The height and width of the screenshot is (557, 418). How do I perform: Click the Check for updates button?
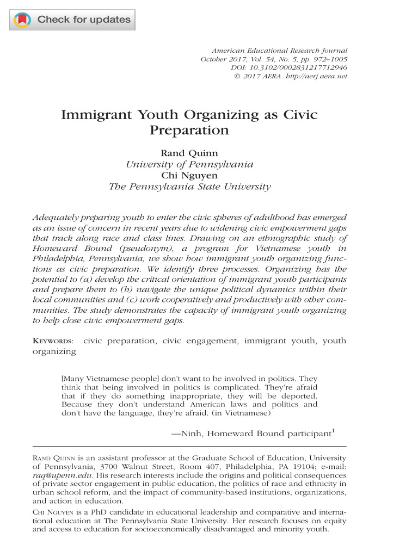[x=72, y=20]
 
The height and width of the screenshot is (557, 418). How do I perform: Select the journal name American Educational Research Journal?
[x=279, y=50]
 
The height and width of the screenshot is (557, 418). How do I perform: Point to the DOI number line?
[x=289, y=67]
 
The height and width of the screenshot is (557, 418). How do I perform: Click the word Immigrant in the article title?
[x=97, y=115]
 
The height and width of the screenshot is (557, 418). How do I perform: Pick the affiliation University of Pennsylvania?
[x=189, y=164]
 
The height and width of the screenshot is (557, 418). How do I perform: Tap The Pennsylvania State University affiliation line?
[x=189, y=187]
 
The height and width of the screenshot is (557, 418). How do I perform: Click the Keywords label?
[x=53, y=341]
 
